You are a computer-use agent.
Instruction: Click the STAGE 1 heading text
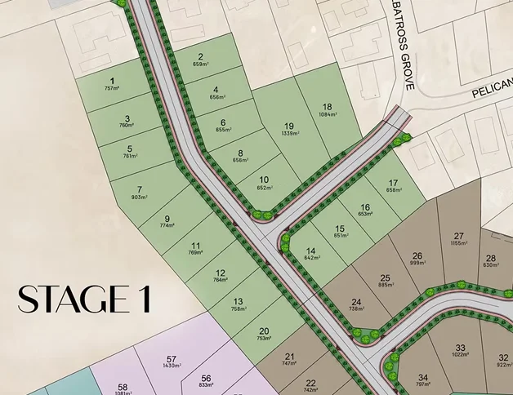(x=84, y=299)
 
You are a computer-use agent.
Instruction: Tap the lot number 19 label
(x=289, y=126)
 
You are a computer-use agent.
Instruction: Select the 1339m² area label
(x=289, y=134)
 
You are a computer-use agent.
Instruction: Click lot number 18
(x=327, y=107)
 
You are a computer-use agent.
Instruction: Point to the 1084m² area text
(x=327, y=115)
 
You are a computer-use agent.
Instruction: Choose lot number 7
(x=140, y=189)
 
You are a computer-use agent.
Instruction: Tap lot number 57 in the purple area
(x=171, y=359)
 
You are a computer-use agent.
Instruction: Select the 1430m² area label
(x=171, y=367)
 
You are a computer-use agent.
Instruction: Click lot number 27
(x=458, y=235)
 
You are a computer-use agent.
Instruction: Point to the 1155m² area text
(x=458, y=243)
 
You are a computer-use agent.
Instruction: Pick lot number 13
(x=238, y=301)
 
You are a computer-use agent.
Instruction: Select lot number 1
(x=112, y=80)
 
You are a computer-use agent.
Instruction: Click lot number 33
(x=460, y=347)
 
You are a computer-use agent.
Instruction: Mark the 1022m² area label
(x=460, y=355)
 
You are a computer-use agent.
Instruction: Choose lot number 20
(x=264, y=331)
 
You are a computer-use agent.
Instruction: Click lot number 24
(x=355, y=301)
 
